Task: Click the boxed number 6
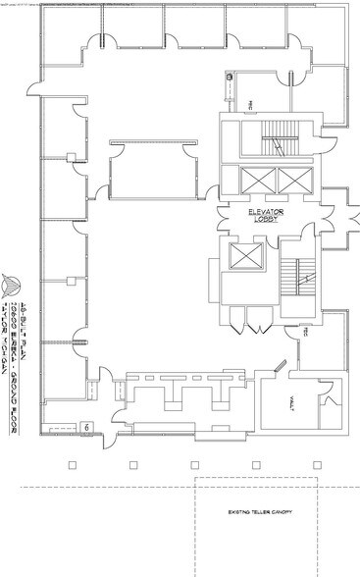pos(86,428)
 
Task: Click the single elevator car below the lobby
pos(241,258)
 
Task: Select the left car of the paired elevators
pos(251,180)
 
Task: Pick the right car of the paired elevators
pos(292,180)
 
